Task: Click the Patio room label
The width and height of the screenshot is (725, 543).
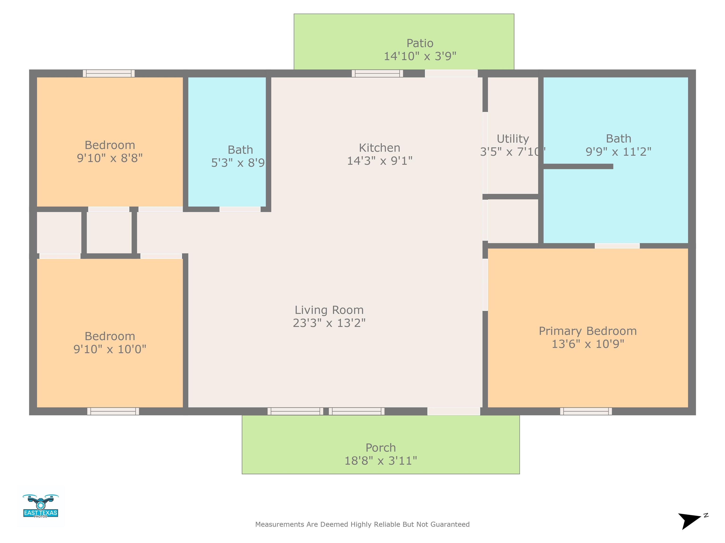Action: click(420, 43)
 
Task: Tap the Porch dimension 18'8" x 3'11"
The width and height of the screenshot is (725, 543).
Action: click(380, 461)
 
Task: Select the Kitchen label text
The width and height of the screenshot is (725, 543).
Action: click(379, 148)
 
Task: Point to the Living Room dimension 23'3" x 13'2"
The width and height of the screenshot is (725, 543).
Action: click(329, 323)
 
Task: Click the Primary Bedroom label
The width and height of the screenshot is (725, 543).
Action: click(588, 331)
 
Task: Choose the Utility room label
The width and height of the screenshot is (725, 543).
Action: click(513, 139)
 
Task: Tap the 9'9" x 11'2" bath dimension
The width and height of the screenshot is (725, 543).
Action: click(619, 152)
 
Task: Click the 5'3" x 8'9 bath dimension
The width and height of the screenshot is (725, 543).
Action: click(238, 163)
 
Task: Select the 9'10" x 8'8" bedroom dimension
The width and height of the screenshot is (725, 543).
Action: click(110, 158)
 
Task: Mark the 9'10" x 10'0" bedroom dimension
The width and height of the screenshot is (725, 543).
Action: click(110, 349)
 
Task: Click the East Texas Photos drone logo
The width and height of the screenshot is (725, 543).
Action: click(41, 506)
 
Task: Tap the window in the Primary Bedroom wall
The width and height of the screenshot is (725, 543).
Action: click(586, 411)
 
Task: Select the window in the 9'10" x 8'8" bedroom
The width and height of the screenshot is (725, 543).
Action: click(109, 73)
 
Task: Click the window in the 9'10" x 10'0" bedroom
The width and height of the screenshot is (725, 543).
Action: click(113, 411)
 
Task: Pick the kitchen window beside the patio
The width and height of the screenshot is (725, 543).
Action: click(377, 73)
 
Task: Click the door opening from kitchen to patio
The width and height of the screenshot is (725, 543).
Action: click(451, 73)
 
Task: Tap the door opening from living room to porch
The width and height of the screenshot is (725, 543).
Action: click(454, 411)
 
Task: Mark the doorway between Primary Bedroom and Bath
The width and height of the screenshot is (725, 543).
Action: click(617, 246)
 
